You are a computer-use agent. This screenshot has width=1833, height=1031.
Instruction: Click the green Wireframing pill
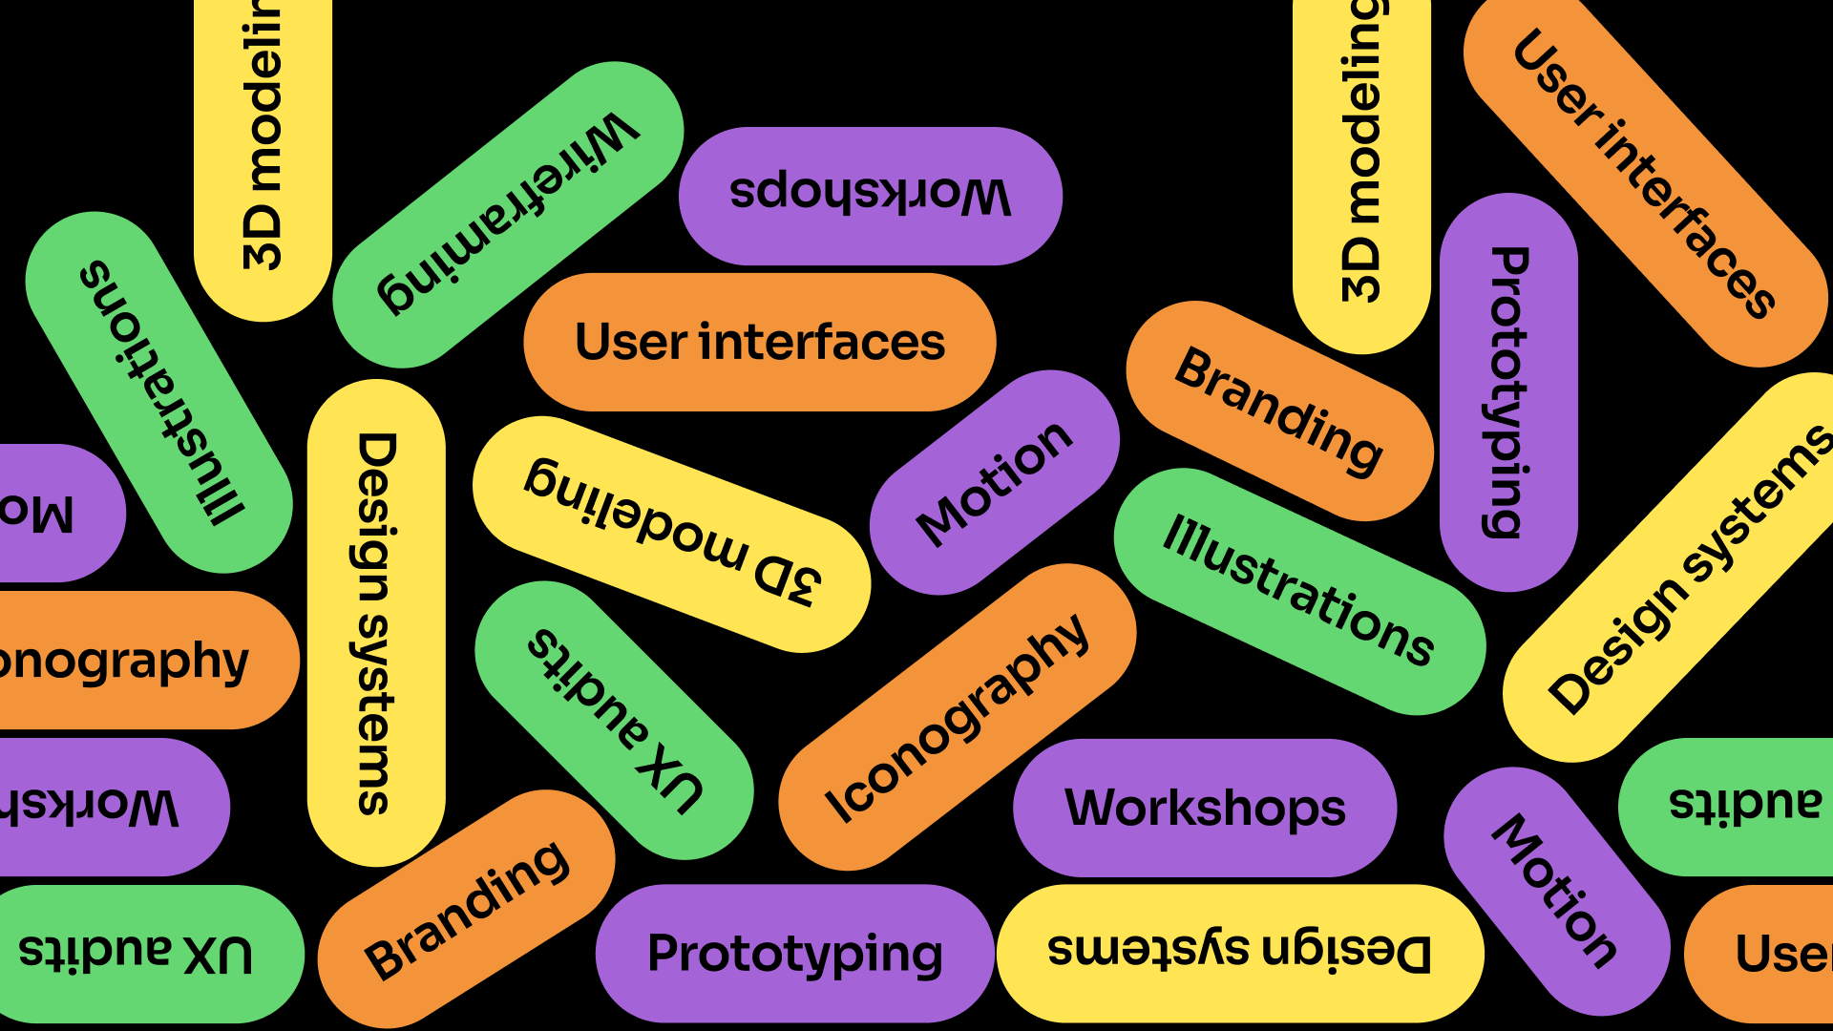(508, 215)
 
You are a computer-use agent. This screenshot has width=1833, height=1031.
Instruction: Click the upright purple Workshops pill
(1205, 808)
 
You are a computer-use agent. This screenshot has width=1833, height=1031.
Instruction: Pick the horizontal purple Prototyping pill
(794, 953)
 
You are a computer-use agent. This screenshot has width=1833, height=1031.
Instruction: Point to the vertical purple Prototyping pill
(1508, 392)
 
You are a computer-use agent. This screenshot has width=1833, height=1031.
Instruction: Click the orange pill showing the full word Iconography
(957, 717)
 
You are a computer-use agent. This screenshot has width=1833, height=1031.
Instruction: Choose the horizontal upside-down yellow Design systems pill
(1239, 953)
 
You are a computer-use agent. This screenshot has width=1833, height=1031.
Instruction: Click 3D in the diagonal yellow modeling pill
(787, 579)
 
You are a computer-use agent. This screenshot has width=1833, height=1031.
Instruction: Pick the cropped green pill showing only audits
(1743, 805)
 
